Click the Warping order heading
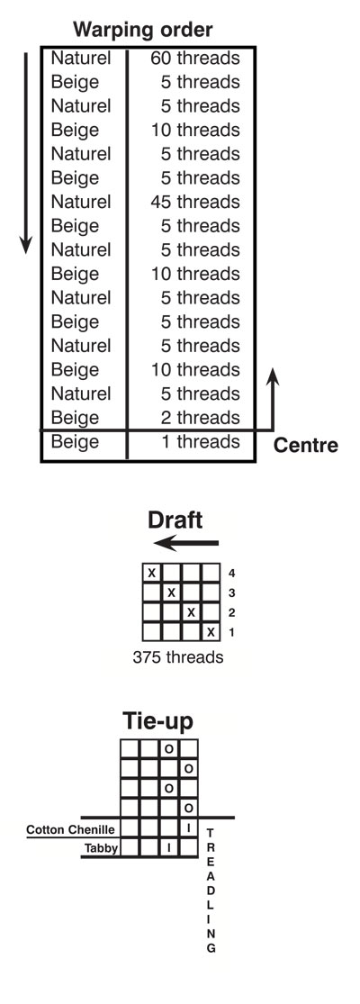click(142, 30)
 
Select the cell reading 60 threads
click(195, 59)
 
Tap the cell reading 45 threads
click(195, 202)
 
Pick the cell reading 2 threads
click(200, 418)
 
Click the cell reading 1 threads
click(200, 442)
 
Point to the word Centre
click(306, 446)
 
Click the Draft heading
click(175, 520)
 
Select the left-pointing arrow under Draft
click(186, 544)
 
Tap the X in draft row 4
click(151, 573)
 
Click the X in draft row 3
click(171, 592)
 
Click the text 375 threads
click(178, 657)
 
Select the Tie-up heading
click(157, 721)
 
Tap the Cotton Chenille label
click(71, 830)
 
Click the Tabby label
click(100, 848)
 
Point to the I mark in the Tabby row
click(169, 847)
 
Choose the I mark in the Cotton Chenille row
click(189, 828)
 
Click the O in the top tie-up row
click(169, 748)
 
